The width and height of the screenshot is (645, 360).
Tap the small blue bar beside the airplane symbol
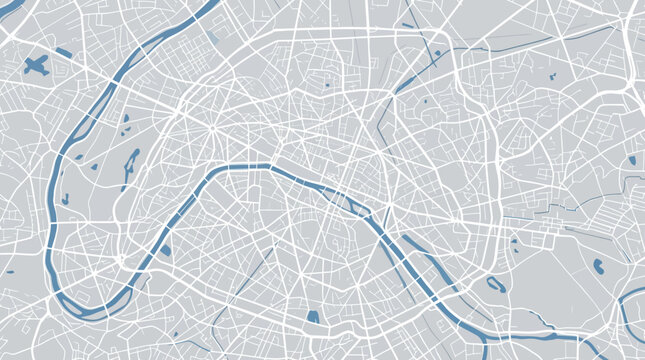(63, 52)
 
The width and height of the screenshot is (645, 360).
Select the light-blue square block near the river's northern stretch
(214, 40)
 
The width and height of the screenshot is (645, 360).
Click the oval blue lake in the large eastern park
(599, 267)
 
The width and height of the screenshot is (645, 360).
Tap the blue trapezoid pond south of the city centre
(313, 317)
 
